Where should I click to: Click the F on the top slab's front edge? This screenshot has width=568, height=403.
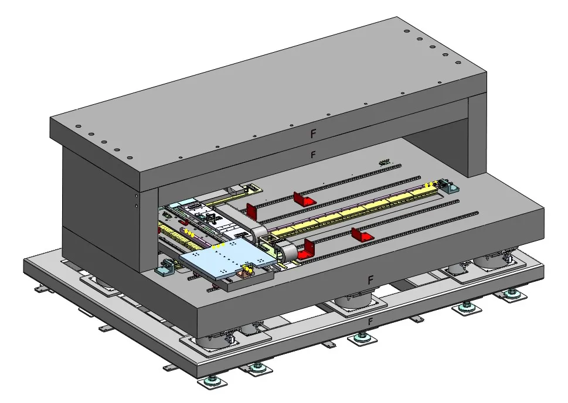tap(314, 134)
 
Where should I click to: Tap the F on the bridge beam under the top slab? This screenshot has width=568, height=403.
tap(314, 155)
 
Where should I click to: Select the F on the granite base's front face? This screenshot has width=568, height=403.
tap(370, 280)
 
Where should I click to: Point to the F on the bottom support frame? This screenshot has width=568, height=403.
tap(370, 322)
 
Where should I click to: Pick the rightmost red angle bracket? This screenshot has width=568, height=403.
tap(362, 235)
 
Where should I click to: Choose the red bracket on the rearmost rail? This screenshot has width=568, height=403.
tap(304, 198)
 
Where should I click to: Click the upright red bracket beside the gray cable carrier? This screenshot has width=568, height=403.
tap(251, 211)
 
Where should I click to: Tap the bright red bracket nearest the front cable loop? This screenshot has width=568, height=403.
tap(306, 250)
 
